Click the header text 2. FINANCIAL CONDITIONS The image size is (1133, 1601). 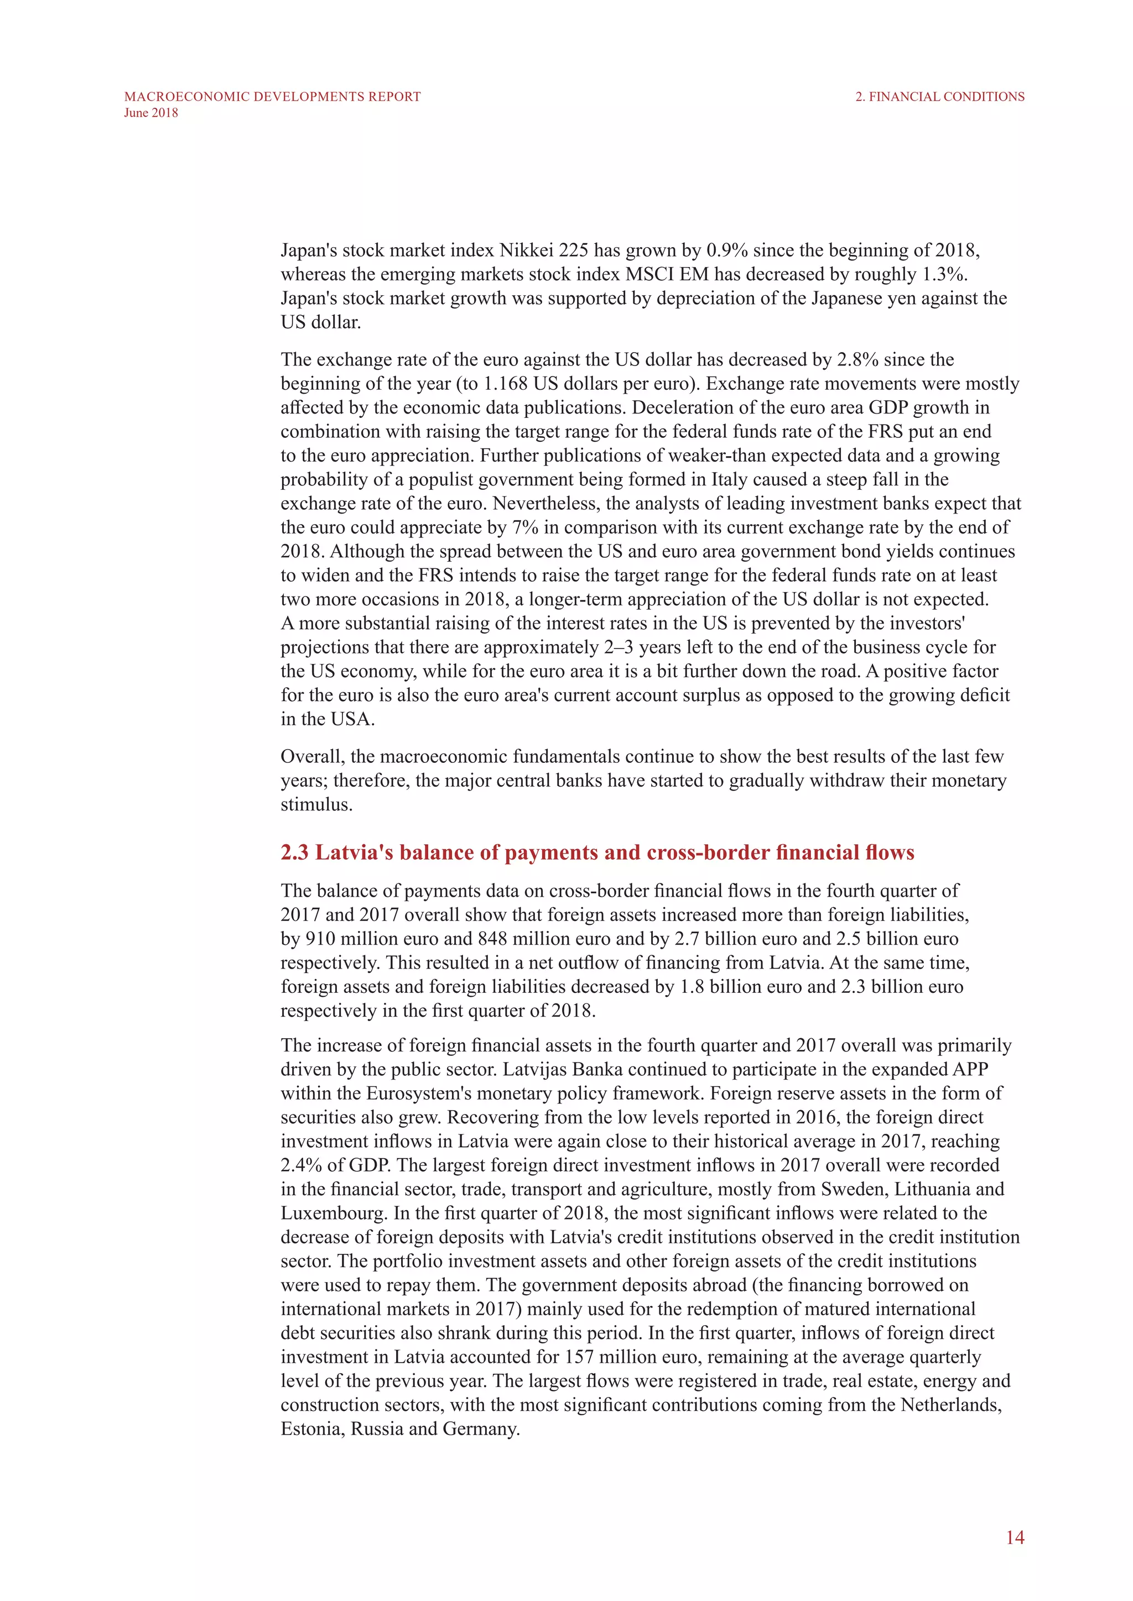(940, 97)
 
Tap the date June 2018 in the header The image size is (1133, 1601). (150, 113)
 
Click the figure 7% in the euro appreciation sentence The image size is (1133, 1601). (526, 528)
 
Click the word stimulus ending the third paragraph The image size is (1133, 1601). (316, 805)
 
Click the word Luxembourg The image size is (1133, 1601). (333, 1213)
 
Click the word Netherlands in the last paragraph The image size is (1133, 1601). (951, 1405)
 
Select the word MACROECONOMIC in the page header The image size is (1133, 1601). (187, 97)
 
